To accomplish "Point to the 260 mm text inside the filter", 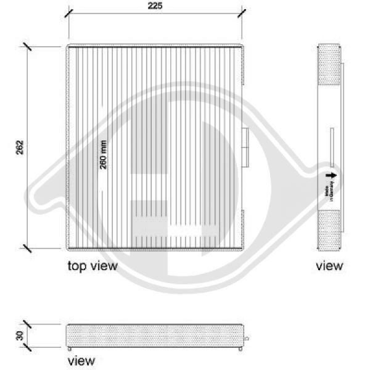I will [103, 154].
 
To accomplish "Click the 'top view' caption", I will [92, 265].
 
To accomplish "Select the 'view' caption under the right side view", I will [329, 265].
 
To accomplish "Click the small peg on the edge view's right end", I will [247, 338].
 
